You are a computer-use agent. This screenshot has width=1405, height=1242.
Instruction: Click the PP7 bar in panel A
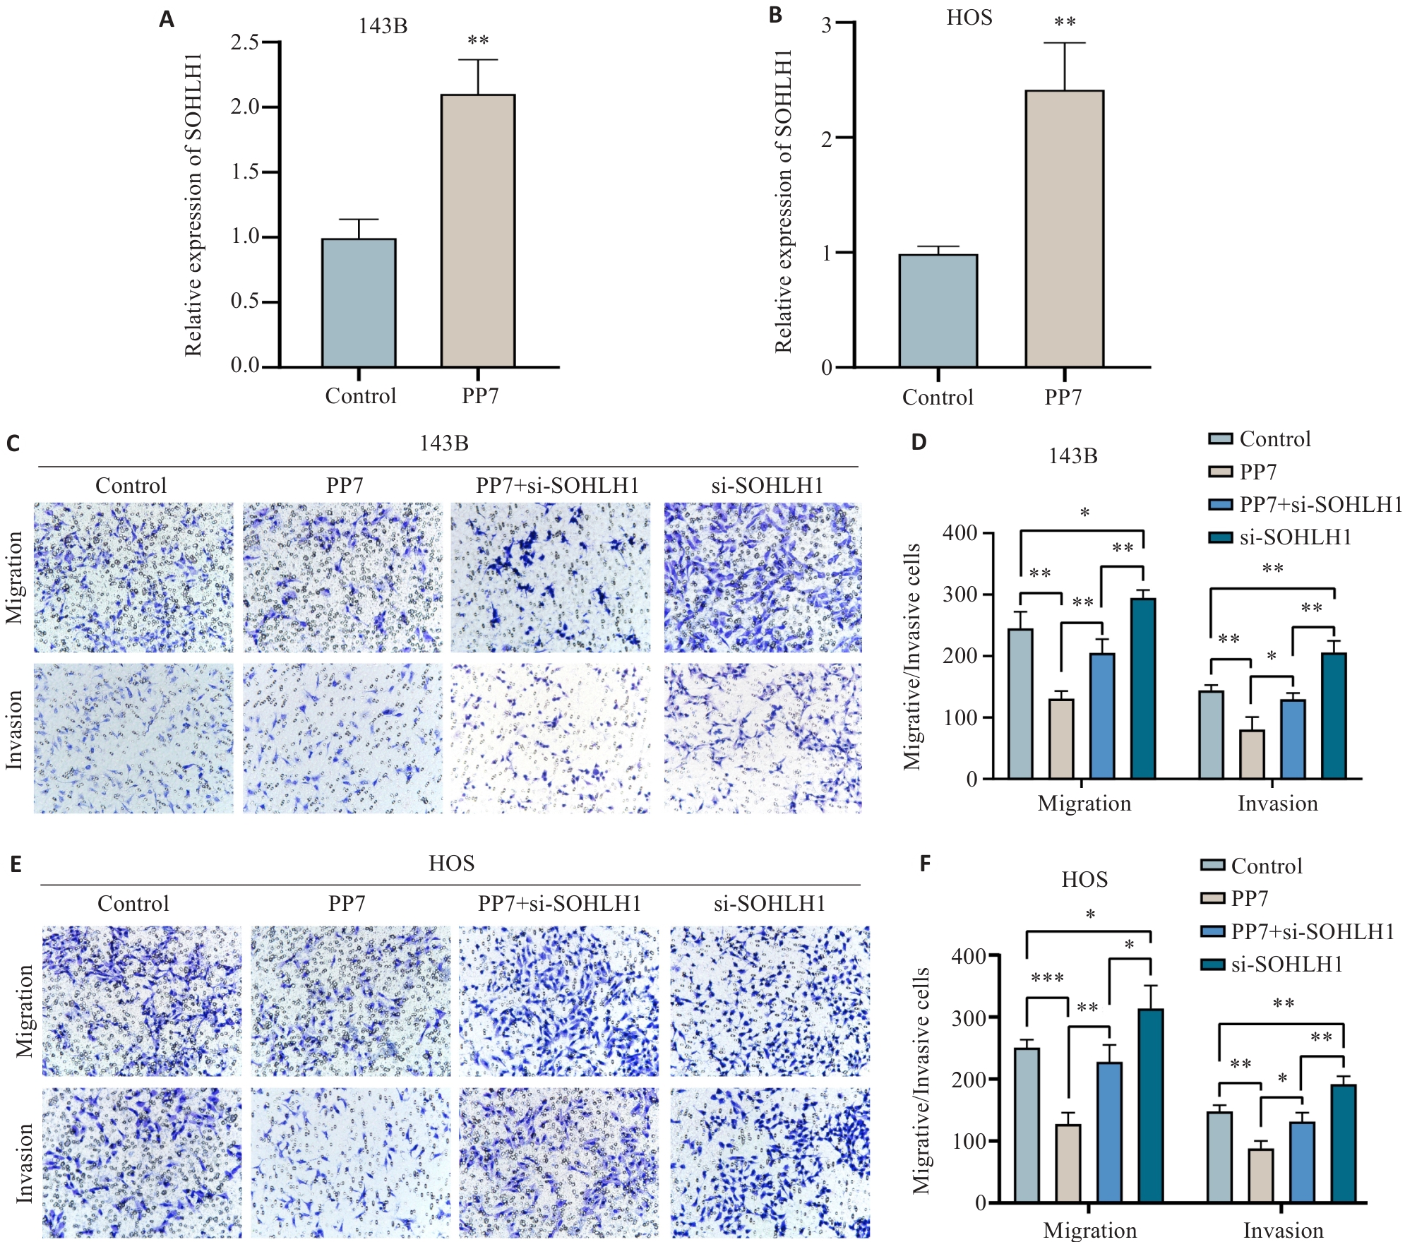477,231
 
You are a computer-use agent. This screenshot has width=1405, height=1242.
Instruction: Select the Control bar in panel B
938,311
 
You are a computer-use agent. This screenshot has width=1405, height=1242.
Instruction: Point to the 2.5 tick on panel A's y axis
245,42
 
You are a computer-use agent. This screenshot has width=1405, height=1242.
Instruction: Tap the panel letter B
775,16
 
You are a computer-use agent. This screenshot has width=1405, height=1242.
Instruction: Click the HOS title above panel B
969,18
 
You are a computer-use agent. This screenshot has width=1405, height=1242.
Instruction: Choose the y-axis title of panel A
193,205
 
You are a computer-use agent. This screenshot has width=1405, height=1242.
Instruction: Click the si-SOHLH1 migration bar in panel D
1142,688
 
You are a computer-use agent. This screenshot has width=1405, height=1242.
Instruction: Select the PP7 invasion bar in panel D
1252,754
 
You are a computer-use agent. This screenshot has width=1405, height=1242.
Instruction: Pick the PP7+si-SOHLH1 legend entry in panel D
1305,504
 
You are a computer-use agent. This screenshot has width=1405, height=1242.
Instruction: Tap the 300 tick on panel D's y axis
959,595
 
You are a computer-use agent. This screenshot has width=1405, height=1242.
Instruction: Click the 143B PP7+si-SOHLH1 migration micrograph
551,578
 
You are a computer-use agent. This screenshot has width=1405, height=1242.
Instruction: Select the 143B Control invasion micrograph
133,738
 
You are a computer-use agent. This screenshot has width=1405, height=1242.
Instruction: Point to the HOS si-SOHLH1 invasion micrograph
770,1162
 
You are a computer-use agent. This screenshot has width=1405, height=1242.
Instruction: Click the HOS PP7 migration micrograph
350,1001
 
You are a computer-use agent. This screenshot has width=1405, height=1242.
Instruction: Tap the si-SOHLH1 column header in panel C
767,486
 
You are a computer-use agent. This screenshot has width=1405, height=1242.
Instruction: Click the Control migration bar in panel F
1026,1125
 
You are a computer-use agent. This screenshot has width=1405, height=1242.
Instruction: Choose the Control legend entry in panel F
1251,866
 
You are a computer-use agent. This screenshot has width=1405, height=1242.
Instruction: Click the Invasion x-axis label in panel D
1277,804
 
